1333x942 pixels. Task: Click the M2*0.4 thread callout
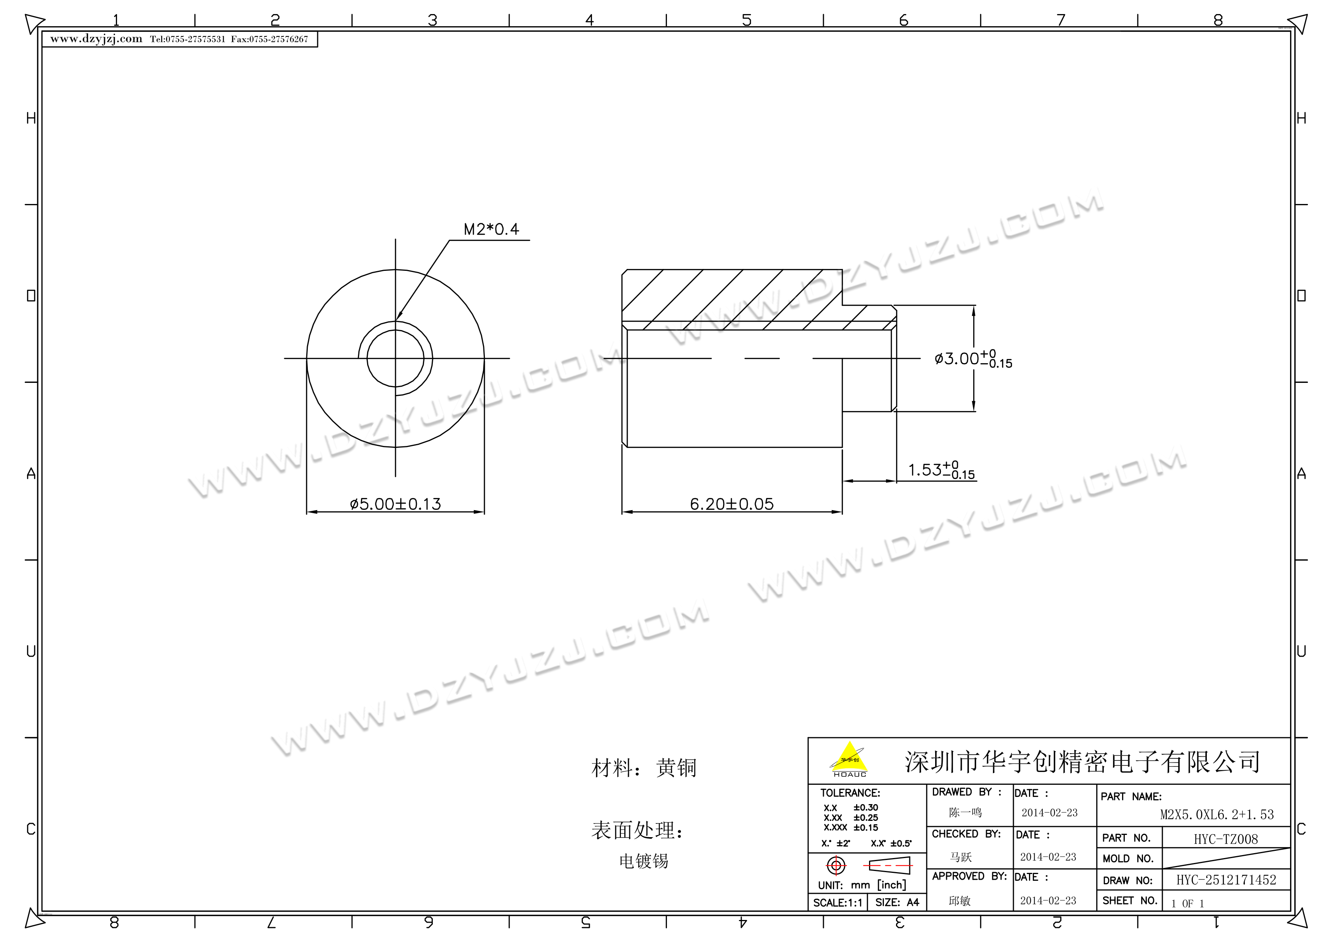(491, 229)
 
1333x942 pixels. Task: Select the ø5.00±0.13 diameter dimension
(395, 504)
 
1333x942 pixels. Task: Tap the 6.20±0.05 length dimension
(731, 504)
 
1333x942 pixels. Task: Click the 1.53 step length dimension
(941, 470)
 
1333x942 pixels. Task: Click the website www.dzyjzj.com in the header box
(97, 39)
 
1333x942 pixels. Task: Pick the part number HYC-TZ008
(1225, 839)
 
